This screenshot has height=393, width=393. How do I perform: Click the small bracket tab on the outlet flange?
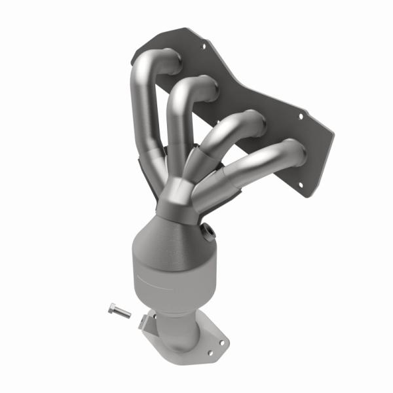pos(143,321)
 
